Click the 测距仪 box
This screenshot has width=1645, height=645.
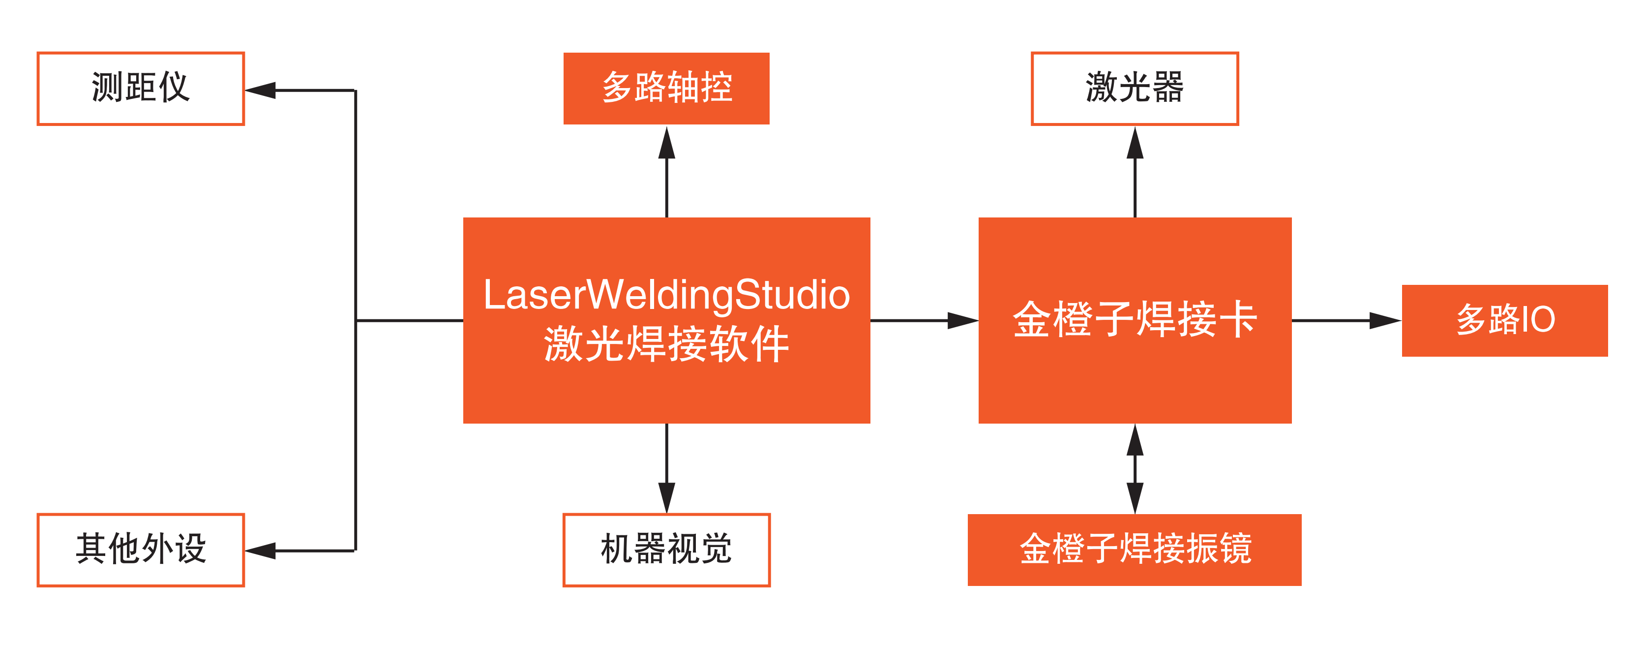coord(141,88)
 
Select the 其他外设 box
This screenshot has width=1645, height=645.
coord(141,550)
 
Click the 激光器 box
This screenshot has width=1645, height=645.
coord(1134,88)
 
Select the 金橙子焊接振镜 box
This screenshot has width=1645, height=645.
coord(1134,550)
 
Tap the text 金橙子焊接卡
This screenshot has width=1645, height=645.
coord(1134,319)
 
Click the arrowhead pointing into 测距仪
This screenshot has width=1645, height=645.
coord(261,90)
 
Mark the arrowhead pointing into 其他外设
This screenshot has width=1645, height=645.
coord(261,551)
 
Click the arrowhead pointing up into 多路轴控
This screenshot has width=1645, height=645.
coord(667,143)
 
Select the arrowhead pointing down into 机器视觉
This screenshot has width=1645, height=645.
coord(667,497)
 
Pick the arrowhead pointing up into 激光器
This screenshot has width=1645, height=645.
coord(1135,143)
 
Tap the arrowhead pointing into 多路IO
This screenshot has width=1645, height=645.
coord(1384,321)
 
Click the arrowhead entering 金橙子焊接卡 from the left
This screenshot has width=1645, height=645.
coord(962,321)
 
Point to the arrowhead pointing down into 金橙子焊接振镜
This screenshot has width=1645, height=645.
coord(1135,497)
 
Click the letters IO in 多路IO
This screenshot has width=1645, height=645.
coord(1538,320)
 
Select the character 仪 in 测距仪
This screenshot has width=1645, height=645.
coord(174,88)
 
